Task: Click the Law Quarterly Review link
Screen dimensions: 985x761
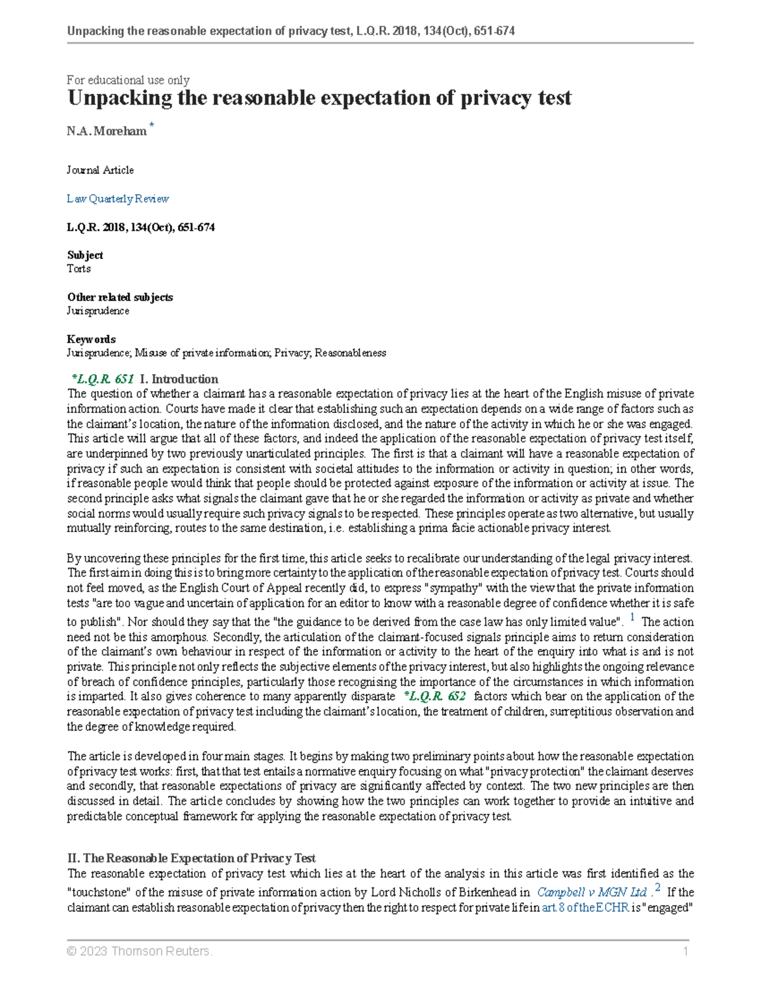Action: (x=118, y=199)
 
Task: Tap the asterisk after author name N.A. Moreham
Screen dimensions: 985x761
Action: (x=152, y=126)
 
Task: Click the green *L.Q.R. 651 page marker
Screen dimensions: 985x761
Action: (x=103, y=379)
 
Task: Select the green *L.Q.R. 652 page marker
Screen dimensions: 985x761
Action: (x=435, y=696)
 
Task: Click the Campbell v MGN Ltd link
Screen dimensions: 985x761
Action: (x=592, y=892)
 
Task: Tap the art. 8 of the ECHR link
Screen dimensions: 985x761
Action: (x=585, y=908)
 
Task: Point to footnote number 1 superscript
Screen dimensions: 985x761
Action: (x=633, y=618)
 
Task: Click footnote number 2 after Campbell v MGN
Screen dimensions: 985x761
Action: (x=658, y=888)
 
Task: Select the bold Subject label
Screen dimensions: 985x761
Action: (x=85, y=255)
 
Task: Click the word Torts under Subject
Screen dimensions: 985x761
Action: (x=79, y=269)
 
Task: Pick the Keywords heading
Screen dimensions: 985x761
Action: (x=91, y=339)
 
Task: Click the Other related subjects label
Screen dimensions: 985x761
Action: (x=120, y=297)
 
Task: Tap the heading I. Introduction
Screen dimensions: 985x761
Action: (x=179, y=379)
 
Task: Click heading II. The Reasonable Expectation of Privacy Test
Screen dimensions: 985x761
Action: (x=192, y=858)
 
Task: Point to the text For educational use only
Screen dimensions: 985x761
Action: (x=128, y=80)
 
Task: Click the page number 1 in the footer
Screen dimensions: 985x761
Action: (x=686, y=951)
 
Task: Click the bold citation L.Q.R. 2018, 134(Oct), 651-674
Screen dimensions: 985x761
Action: (x=141, y=227)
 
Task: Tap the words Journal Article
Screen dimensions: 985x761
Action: (x=100, y=170)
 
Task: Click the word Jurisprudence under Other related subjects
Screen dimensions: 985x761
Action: (x=98, y=311)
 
